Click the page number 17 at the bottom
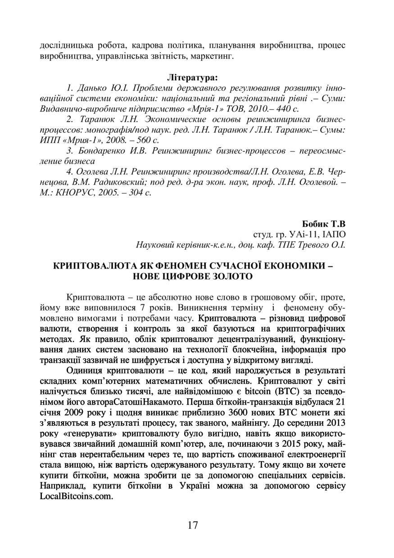click(192, 525)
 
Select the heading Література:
click(192, 77)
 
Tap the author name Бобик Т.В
click(323, 224)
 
